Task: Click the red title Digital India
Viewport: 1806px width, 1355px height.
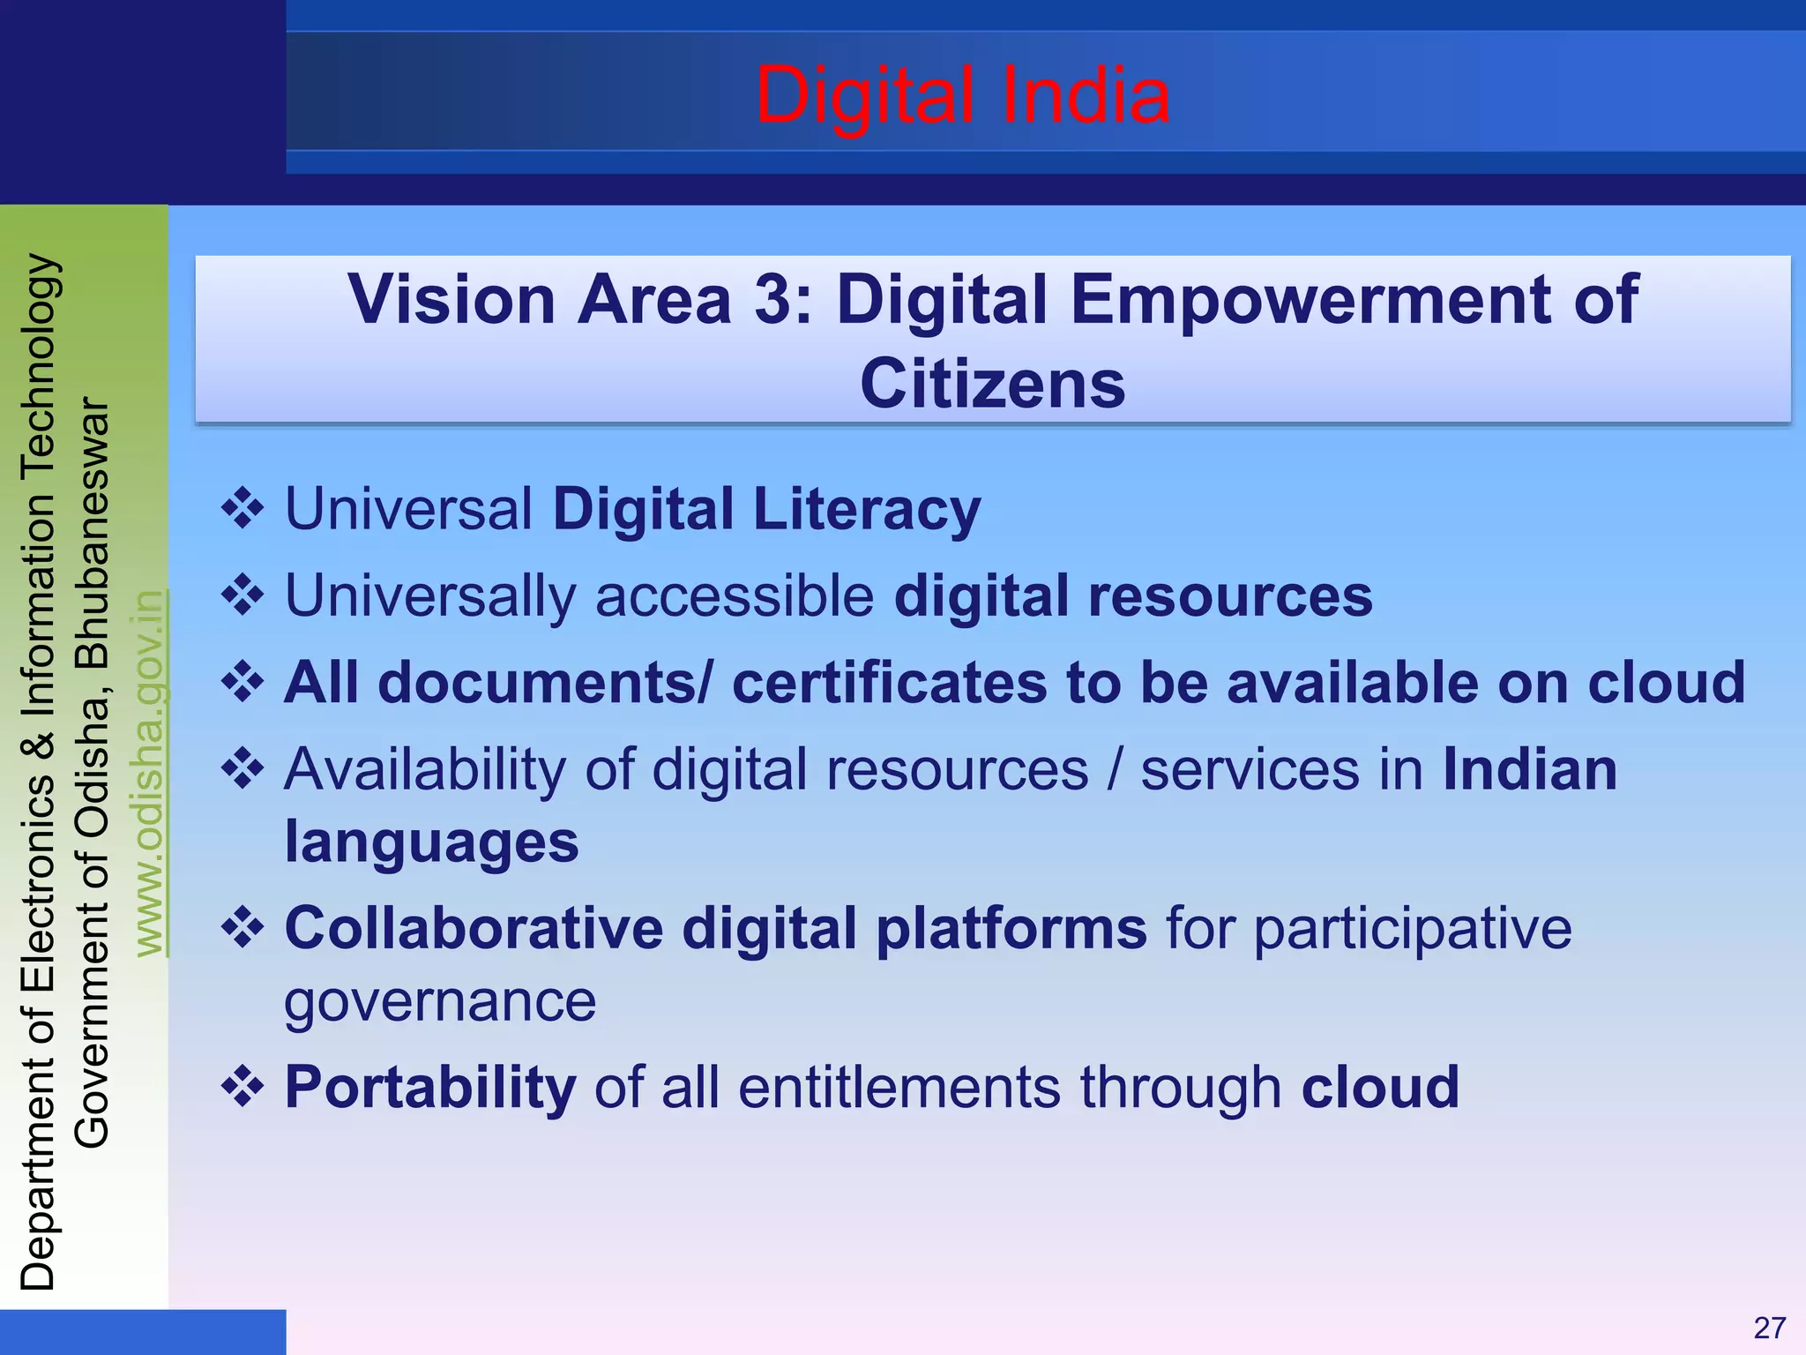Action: [962, 95]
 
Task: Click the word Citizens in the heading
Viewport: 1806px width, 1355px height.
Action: [993, 384]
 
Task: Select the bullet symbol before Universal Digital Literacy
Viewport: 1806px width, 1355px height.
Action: [243, 509]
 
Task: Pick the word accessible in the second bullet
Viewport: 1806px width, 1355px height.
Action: [735, 595]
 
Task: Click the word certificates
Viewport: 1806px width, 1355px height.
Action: [889, 682]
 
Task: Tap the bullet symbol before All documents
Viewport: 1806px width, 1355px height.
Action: [243, 682]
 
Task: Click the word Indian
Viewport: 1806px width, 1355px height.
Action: [1530, 768]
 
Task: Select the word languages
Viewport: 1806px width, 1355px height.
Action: [431, 842]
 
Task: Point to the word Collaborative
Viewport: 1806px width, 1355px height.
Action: [474, 928]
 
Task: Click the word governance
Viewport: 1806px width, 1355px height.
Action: [440, 1001]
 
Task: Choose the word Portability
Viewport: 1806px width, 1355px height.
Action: [430, 1087]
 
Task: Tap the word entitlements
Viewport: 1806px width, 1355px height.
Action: [899, 1087]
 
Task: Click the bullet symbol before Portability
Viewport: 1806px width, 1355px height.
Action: [243, 1087]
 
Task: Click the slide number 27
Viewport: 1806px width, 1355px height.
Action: [1769, 1328]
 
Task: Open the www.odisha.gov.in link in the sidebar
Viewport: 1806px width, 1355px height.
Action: [150, 773]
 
